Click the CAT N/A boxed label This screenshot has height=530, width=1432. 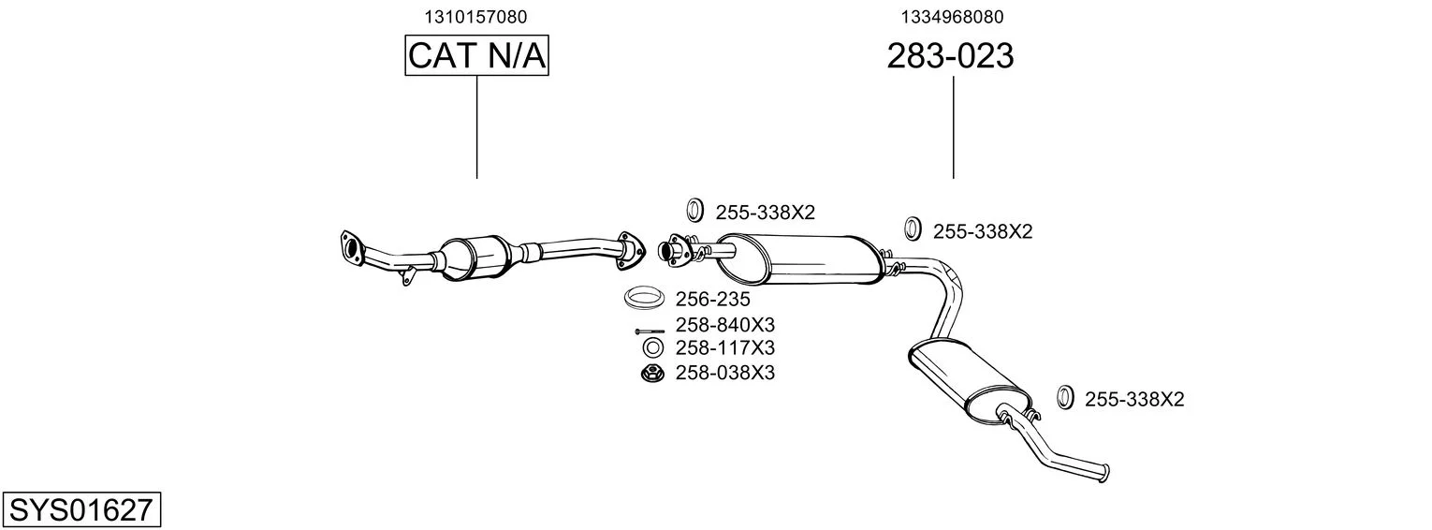point(476,55)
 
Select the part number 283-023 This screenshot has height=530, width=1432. point(950,55)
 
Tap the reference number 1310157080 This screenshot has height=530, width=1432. point(475,17)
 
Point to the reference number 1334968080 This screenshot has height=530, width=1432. point(952,17)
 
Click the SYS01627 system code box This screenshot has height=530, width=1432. point(81,509)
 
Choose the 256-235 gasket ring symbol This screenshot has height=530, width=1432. point(642,297)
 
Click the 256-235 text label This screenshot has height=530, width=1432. point(713,299)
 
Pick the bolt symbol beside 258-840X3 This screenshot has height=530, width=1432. point(650,331)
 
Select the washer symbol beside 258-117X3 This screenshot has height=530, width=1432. point(652,348)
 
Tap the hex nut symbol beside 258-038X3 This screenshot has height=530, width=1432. point(651,373)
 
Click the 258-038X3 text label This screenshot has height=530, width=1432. point(725,372)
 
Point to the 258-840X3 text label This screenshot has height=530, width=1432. point(725,325)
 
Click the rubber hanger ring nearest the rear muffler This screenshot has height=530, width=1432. point(1064,397)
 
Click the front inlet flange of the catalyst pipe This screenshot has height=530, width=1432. point(350,246)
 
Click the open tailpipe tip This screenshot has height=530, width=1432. point(1105,473)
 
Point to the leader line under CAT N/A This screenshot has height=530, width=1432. point(477,126)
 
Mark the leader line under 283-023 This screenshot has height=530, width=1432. point(953,127)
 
